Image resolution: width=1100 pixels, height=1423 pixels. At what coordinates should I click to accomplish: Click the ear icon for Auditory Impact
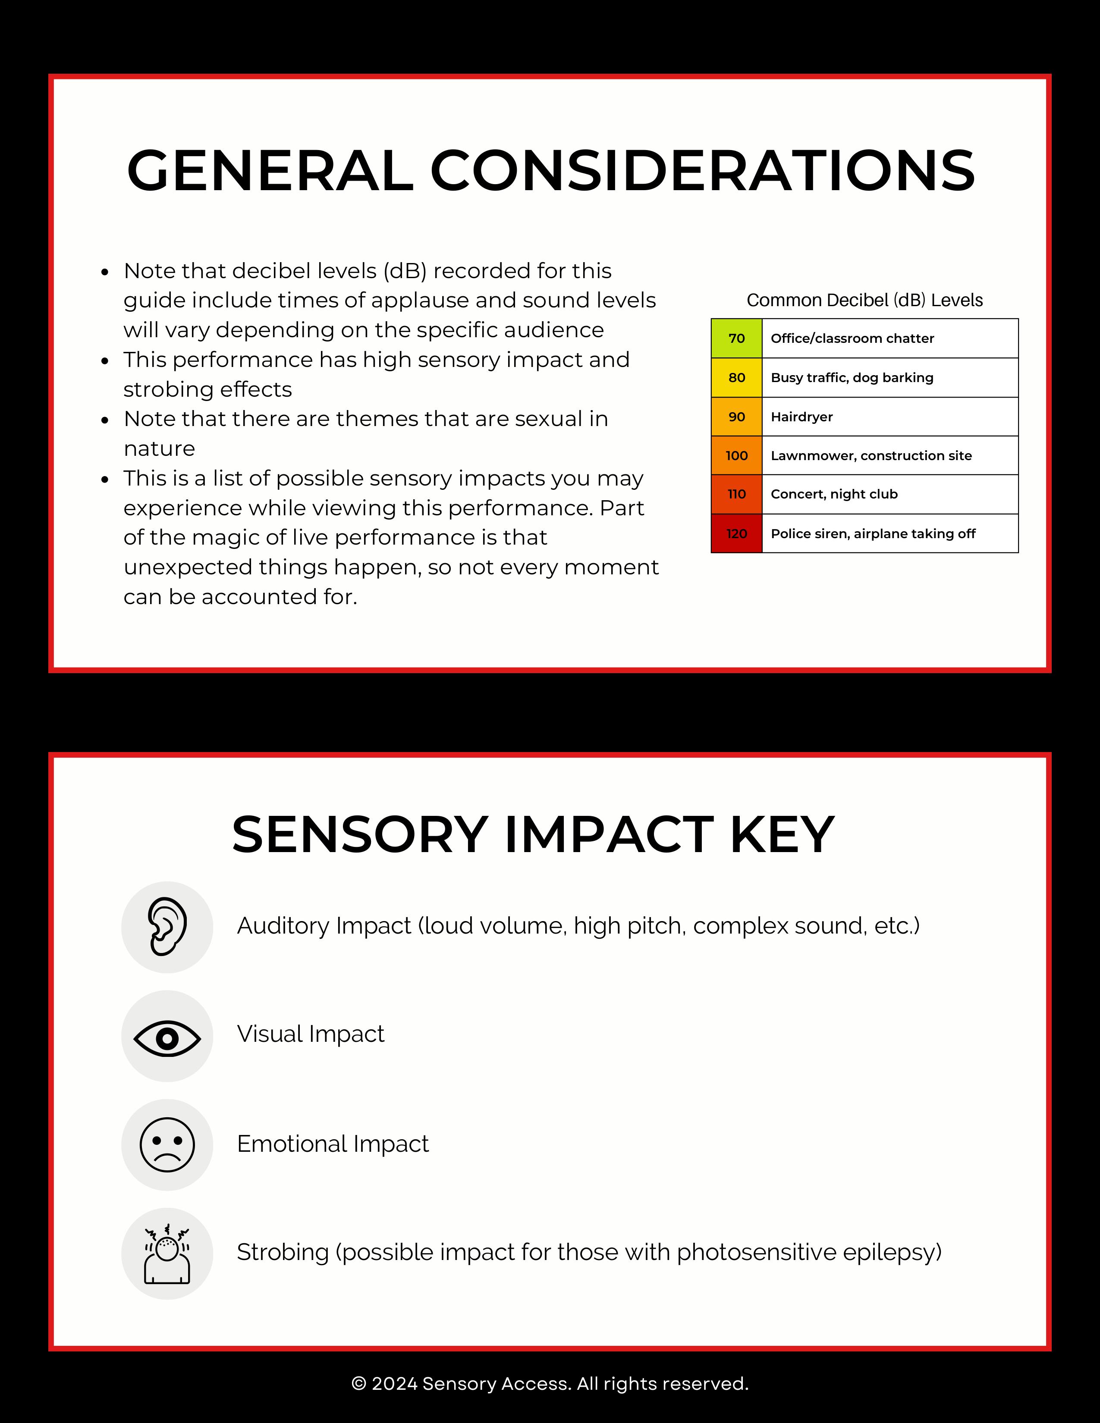167,927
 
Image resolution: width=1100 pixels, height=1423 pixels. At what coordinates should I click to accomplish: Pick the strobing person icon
167,1254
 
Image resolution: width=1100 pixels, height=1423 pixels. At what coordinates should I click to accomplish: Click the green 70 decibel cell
736,338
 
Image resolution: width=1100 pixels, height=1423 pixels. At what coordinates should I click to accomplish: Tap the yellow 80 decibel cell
736,377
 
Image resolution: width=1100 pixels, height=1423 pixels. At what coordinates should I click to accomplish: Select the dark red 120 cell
736,534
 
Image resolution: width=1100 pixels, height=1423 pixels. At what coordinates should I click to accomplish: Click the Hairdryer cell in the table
889,417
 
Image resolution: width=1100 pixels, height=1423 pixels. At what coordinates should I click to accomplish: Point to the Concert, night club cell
889,494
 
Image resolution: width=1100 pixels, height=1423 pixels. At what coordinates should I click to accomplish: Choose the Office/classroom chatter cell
889,338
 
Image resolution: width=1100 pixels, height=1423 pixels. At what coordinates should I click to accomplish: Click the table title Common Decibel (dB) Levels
864,301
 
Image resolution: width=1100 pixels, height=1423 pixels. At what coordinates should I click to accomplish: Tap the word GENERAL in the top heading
270,171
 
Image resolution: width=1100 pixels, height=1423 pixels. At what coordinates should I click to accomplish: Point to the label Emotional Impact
332,1144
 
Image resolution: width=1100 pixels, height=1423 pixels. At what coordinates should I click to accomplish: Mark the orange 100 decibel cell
736,455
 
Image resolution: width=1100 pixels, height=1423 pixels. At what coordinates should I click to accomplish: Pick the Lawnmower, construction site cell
889,455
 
